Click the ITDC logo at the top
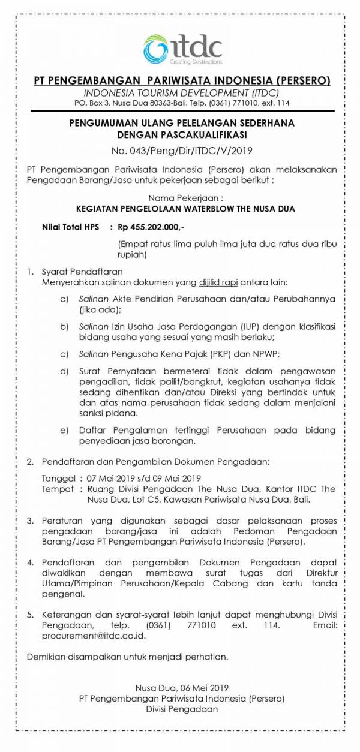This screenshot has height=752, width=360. click(182, 49)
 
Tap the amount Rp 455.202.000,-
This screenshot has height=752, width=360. click(151, 227)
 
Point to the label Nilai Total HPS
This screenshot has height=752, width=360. click(71, 227)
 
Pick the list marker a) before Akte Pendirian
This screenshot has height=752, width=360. click(64, 299)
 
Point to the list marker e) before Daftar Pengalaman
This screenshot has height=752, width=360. click(64, 430)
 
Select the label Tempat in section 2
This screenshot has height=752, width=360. click(58, 489)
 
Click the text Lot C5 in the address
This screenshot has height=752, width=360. click(142, 500)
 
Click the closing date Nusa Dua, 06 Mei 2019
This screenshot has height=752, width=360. click(182, 687)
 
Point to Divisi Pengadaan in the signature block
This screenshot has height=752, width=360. click(182, 709)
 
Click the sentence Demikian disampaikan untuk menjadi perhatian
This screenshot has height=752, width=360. click(128, 657)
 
